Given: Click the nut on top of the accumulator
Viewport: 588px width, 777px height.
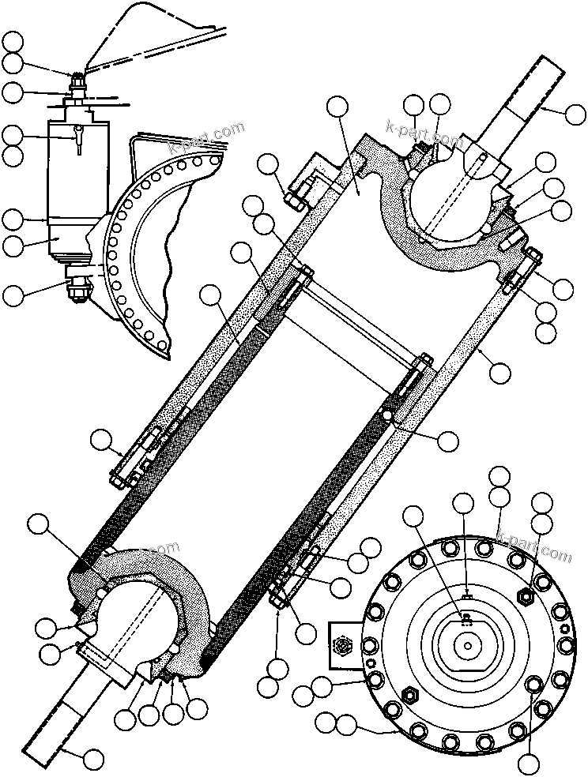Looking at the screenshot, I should coord(79,79).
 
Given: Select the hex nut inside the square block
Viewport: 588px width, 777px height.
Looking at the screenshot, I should coord(342,646).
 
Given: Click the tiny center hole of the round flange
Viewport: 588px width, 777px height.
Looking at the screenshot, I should coord(469,646).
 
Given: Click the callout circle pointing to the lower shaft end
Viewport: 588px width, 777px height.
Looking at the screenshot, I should coord(93,760).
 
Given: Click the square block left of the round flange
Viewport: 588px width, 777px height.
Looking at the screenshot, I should coord(342,646).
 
